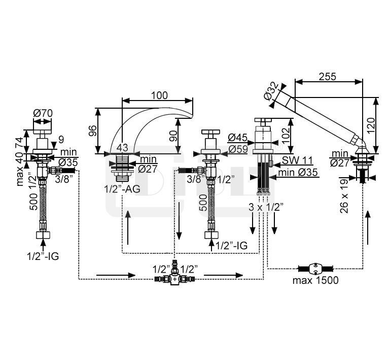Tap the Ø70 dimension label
coord(43,113)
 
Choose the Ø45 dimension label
coord(237,137)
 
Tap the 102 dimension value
coord(286,135)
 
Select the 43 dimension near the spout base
coord(122,147)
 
